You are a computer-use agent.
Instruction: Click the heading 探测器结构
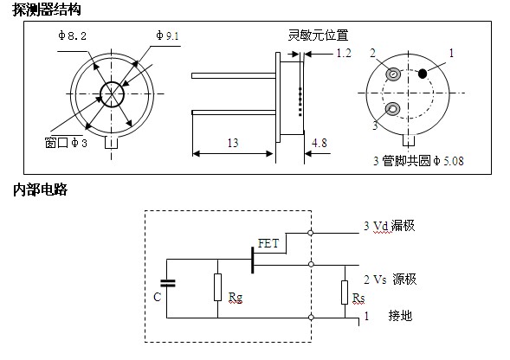(x=47, y=9)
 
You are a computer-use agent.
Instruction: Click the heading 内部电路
(x=41, y=190)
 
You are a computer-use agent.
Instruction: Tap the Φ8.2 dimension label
(x=72, y=35)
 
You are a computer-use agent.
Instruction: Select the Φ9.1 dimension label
(x=167, y=35)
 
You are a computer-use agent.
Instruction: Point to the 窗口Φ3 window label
(x=66, y=143)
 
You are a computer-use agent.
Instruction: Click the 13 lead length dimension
(x=233, y=143)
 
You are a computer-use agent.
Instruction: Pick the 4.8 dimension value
(x=320, y=143)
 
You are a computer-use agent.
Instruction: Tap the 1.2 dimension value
(x=344, y=53)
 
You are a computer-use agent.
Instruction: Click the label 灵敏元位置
(x=318, y=35)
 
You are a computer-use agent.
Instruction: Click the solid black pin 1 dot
(x=423, y=74)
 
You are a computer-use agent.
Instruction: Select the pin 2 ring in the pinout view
(x=393, y=74)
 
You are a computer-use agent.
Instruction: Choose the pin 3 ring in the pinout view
(x=392, y=109)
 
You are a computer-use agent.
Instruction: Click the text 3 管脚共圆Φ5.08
(x=418, y=161)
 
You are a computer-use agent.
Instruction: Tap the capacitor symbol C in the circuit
(x=168, y=284)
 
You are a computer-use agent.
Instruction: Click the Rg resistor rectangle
(x=217, y=287)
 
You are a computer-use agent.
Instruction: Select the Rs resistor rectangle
(x=345, y=292)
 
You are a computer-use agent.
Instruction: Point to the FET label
(x=268, y=243)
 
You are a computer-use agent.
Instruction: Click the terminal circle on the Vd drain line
(x=310, y=233)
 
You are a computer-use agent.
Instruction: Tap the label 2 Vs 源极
(x=390, y=280)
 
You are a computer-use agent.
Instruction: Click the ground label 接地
(x=400, y=316)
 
